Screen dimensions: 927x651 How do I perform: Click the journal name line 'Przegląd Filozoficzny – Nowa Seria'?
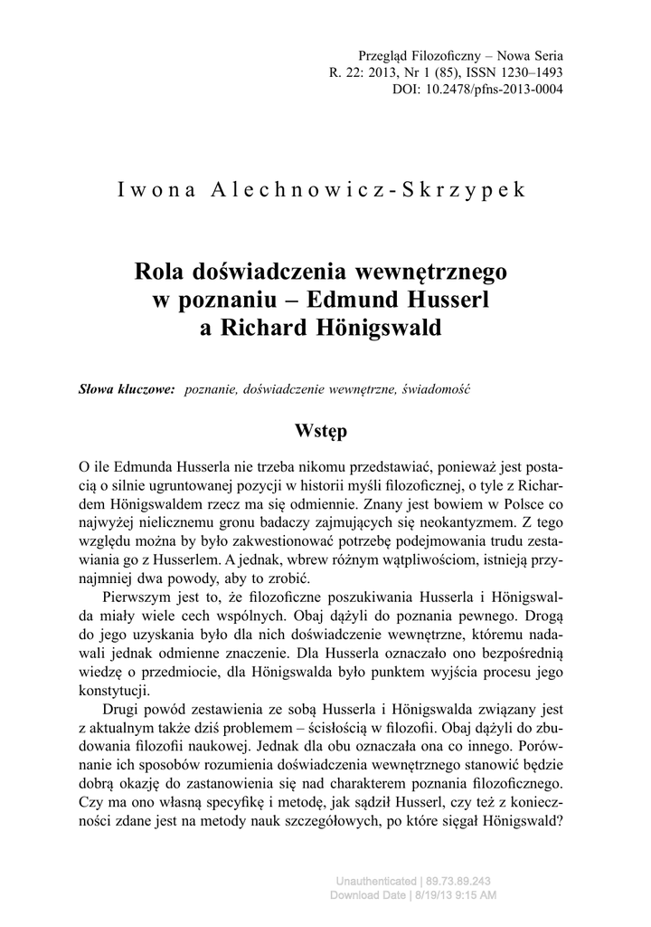coord(461,56)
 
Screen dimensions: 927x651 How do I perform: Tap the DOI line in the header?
coord(478,90)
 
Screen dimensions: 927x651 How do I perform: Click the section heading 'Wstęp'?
coord(321,428)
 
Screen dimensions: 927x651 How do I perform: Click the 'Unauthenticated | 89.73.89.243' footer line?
coord(413,881)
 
